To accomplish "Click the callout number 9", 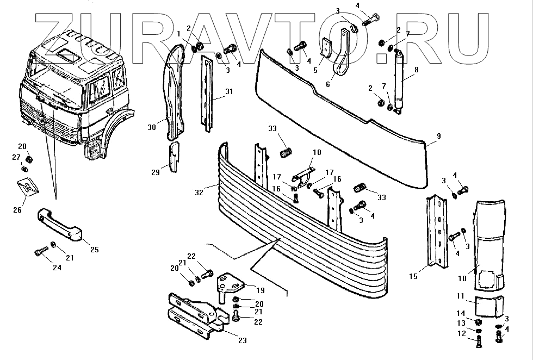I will pos(438,136).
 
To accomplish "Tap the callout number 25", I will pos(94,250).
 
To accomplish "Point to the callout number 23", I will pos(243,342).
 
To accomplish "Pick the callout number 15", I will pos(413,277).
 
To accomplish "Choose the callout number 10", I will pos(462,278).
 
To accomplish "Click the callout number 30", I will pos(152,127).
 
